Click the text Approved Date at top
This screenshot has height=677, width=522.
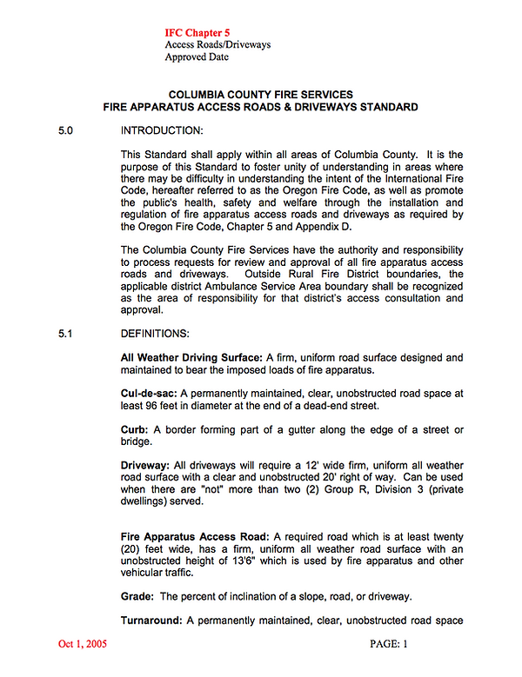[x=197, y=57]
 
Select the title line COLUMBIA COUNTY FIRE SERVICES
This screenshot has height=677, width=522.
[x=260, y=94]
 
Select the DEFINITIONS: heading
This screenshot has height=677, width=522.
[x=157, y=333]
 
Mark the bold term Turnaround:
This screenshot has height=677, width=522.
[x=152, y=621]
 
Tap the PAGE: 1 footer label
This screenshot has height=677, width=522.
[x=389, y=644]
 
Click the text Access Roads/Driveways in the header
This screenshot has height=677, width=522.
[x=217, y=44]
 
